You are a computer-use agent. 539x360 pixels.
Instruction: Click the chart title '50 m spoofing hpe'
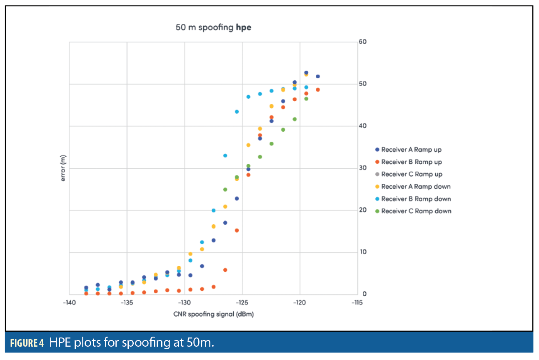[x=213, y=28]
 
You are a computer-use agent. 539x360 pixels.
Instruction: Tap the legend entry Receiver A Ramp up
[x=411, y=150]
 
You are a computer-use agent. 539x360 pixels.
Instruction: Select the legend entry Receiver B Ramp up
[x=411, y=162]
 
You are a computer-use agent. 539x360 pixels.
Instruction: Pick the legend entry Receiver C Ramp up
[x=412, y=174]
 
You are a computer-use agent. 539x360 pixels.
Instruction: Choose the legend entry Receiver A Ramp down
[x=415, y=187]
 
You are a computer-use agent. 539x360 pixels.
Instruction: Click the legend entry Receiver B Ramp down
[x=416, y=199]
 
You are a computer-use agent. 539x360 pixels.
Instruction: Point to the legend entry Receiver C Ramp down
[x=416, y=211]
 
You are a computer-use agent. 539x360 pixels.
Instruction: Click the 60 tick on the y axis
[x=362, y=42]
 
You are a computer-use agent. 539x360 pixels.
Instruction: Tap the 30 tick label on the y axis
[x=362, y=168]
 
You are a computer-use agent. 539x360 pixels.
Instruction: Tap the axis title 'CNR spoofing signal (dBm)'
[x=213, y=314]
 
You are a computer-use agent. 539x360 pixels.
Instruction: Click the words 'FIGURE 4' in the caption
[x=27, y=343]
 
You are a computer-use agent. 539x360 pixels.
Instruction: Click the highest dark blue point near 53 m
[x=306, y=73]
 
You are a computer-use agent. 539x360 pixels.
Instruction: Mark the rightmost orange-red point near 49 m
[x=318, y=90]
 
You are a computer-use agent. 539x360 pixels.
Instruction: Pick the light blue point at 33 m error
[x=225, y=155]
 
